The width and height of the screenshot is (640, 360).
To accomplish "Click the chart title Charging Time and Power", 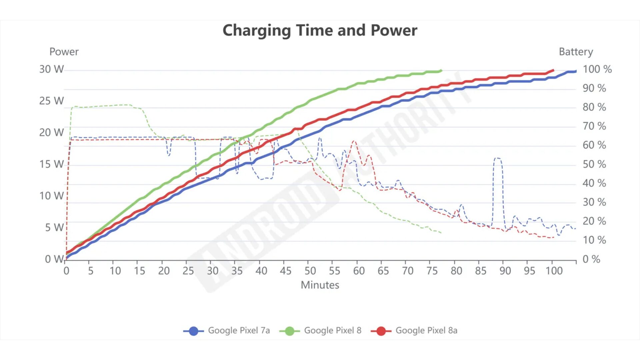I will click(320, 30).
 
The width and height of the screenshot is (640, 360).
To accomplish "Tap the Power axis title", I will click(64, 52).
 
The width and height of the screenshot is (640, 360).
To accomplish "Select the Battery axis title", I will click(576, 52).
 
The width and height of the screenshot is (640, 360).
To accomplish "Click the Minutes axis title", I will click(320, 285).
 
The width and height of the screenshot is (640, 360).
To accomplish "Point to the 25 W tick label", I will click(51, 101).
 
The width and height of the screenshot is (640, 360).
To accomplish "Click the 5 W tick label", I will click(54, 227).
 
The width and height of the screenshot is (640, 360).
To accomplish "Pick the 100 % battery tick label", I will click(597, 69).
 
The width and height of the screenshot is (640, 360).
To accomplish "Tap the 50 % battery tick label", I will click(594, 164).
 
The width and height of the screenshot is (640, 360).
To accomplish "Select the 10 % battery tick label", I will click(594, 240).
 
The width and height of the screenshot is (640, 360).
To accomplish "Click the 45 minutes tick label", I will click(286, 271).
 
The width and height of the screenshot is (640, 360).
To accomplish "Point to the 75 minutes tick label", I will click(432, 271).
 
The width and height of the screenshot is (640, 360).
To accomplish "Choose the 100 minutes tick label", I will click(554, 271).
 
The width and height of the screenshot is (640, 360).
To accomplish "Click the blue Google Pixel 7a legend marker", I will click(193, 331).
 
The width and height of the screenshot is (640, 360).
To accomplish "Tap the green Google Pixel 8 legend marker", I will click(289, 331).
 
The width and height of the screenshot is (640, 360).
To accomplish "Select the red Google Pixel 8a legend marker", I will click(381, 331).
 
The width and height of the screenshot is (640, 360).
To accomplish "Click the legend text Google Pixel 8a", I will click(426, 330).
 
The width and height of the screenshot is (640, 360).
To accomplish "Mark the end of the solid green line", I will click(441, 70).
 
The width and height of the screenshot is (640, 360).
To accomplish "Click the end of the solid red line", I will click(553, 70).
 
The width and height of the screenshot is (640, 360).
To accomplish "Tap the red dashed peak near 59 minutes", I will click(354, 141).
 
